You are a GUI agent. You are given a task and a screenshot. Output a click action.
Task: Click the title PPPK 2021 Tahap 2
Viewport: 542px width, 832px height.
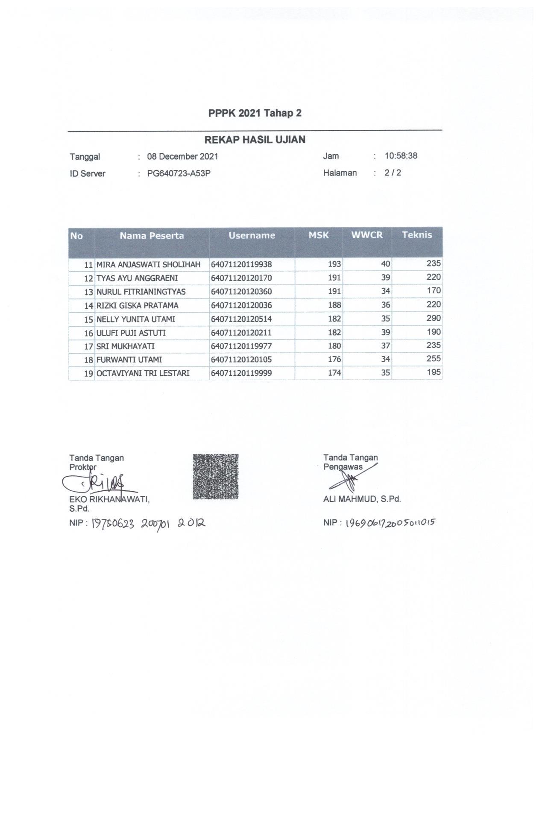click(x=255, y=113)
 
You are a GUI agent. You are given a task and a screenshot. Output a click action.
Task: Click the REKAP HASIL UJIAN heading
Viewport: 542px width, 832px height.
click(x=255, y=140)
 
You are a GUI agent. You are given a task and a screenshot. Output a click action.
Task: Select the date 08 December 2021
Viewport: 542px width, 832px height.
click(x=182, y=156)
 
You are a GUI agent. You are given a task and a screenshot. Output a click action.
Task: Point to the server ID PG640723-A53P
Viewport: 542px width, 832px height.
click(x=179, y=173)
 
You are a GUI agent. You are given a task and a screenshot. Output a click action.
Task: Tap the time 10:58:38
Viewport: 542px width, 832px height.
click(x=401, y=156)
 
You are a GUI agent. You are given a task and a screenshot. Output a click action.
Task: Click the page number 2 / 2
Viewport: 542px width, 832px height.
click(x=393, y=173)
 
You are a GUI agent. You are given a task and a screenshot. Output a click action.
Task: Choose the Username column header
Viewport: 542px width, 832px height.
click(x=252, y=235)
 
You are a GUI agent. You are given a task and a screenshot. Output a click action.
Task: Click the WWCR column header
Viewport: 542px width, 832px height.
click(x=366, y=235)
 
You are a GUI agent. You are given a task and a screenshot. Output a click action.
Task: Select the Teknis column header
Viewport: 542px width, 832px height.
click(x=416, y=234)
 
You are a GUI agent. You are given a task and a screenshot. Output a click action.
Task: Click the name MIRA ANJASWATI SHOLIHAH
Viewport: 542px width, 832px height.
click(x=148, y=264)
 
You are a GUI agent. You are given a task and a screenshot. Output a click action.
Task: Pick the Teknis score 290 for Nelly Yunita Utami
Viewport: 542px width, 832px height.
click(x=433, y=318)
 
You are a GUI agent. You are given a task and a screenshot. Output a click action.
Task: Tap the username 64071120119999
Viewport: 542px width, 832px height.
click(x=241, y=373)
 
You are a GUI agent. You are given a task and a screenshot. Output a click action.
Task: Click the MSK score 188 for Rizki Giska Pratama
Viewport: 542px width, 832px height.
click(x=334, y=305)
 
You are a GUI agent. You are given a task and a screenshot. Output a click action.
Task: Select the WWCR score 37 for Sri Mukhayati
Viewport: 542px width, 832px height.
click(x=385, y=346)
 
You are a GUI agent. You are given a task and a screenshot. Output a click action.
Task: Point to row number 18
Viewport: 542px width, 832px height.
click(x=88, y=360)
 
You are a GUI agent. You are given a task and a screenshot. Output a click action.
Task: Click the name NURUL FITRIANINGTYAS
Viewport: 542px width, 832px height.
click(x=141, y=292)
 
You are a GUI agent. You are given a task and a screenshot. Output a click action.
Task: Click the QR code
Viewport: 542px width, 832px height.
click(x=215, y=477)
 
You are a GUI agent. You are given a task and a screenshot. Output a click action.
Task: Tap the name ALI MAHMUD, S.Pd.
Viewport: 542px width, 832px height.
click(x=362, y=499)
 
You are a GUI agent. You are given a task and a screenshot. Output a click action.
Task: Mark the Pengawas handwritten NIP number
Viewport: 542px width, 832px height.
click(x=390, y=523)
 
